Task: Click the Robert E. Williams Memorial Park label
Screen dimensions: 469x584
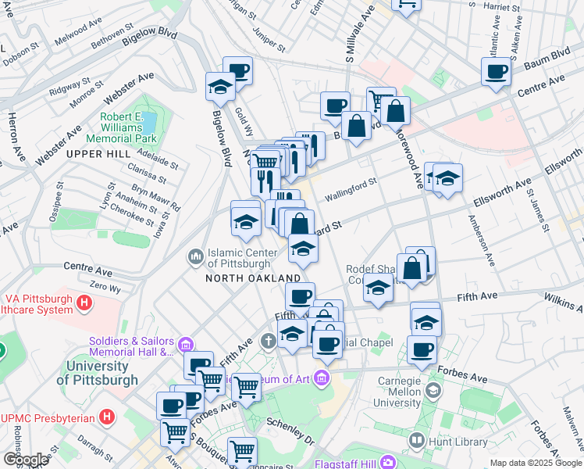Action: [x=128, y=128]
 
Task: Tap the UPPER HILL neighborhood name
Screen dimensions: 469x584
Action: [x=98, y=154]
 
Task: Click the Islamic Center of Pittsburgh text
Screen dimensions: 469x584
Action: [x=242, y=256]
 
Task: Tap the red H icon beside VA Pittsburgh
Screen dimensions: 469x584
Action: [x=84, y=302]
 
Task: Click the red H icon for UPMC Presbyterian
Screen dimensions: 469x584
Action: [x=107, y=417]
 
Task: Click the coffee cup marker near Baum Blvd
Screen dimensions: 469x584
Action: [x=497, y=73]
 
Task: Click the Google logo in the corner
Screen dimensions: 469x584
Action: [x=26, y=460]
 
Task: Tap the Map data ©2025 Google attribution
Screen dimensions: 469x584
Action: [x=536, y=463]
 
